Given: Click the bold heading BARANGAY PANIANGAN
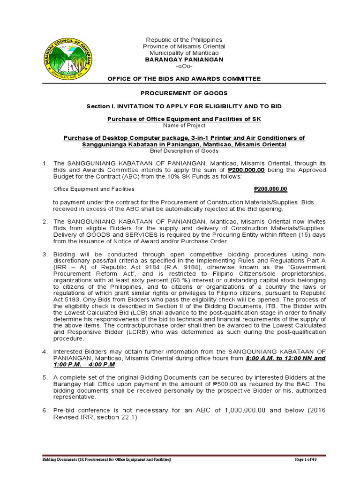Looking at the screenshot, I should click(184, 60).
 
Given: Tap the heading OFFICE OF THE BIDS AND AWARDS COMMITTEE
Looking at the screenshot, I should click(184, 79).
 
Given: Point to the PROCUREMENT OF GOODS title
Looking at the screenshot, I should click(184, 93).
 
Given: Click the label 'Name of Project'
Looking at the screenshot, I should click(184, 126).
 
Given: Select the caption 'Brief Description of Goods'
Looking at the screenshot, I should click(184, 151).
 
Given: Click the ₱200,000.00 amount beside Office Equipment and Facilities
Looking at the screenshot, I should click(270, 189).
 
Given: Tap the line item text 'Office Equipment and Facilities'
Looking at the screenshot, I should click(94, 189).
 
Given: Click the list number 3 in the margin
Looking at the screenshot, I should click(45, 254).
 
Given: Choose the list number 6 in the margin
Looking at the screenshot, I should click(45, 410).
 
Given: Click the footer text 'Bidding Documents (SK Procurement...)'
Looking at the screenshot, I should click(104, 460).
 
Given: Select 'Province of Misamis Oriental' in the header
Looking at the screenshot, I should click(184, 47).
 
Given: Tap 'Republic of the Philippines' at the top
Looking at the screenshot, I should click(184, 40).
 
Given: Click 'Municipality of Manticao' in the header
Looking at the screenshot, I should click(184, 53).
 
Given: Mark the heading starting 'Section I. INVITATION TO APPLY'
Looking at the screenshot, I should click(184, 106).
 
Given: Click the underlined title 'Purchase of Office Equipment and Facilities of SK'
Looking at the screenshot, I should click(184, 120).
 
